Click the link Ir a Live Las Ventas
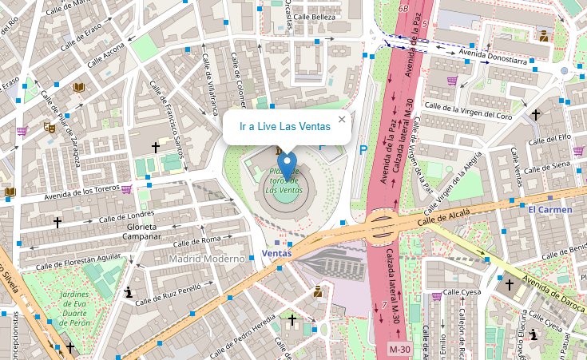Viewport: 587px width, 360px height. point(285,127)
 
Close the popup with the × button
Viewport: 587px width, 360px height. point(342,120)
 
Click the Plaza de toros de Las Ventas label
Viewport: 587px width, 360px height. point(284,181)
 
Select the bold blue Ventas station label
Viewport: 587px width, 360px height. point(276,254)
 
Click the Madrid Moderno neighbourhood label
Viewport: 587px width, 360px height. point(206,259)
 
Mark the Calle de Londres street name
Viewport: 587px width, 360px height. point(125,215)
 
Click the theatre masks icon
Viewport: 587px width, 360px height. point(50,126)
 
